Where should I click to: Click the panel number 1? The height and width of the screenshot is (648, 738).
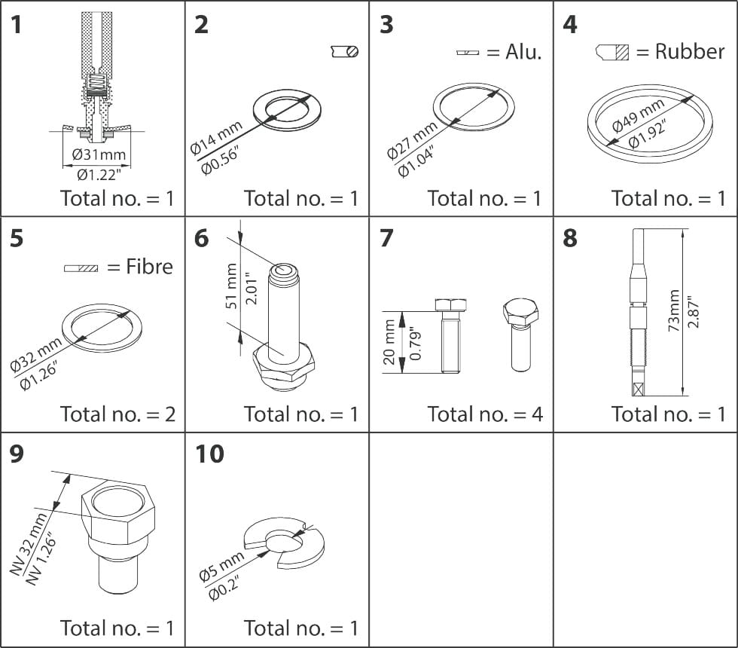click(x=17, y=25)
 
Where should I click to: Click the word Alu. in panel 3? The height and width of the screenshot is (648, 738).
click(x=523, y=52)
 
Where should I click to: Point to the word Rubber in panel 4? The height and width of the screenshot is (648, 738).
click(x=690, y=51)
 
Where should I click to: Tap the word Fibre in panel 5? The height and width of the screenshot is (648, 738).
click(x=149, y=267)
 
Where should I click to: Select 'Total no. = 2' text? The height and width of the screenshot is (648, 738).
click(x=117, y=414)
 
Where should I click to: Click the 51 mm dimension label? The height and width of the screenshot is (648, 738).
click(x=232, y=286)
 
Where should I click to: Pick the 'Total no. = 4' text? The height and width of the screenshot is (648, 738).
click(x=485, y=414)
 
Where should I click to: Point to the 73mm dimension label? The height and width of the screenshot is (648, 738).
click(x=673, y=310)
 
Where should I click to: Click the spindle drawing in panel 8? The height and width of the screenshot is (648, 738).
click(x=637, y=313)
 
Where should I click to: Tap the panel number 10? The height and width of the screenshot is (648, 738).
click(x=209, y=455)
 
